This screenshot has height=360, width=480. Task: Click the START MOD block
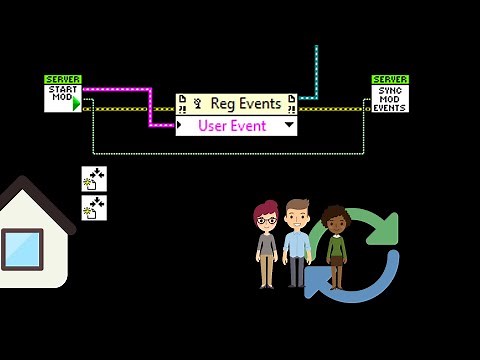61,96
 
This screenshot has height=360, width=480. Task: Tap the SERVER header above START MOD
63,79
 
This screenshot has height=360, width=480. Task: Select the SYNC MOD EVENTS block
390,98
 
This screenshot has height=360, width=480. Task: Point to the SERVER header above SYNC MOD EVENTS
390,79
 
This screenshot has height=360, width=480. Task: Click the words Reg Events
245,103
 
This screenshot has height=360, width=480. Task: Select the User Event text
233,125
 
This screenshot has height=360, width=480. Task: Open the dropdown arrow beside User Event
289,125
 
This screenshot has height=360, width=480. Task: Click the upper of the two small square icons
94,180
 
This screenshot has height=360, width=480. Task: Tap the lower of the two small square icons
94,208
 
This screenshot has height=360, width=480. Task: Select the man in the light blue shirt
297,240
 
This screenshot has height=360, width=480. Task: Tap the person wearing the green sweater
335,245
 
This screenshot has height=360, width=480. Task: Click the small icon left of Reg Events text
198,103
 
